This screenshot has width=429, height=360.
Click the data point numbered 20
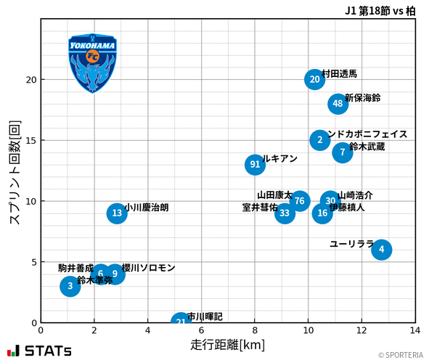pos(314,80)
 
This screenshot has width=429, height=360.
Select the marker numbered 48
pos(338,104)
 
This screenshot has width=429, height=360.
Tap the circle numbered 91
pos(255,165)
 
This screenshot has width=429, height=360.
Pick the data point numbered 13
pos(117,213)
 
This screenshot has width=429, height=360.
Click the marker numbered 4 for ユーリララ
pos(381,250)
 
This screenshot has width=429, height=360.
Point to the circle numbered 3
pos(70,286)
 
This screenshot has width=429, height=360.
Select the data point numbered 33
pos(285,213)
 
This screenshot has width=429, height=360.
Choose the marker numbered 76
pos(299,201)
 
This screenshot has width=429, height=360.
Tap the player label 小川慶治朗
pos(147,208)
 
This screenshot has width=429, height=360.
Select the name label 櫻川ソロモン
pos(149,268)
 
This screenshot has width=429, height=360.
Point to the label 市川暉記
pos(205,316)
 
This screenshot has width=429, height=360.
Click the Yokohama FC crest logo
pos(93,63)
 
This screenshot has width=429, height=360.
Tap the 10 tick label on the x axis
pos(309,330)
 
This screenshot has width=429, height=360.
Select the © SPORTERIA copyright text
pos(400,355)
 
